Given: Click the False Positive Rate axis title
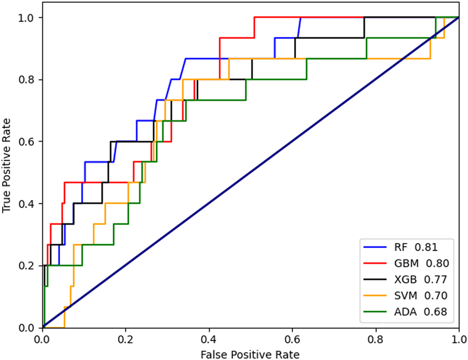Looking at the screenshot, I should [250, 354].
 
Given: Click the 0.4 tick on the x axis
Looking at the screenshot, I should [209, 339].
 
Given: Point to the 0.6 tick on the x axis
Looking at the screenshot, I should [293, 339].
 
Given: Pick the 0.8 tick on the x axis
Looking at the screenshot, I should [376, 339].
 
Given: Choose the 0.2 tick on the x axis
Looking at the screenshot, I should [126, 339].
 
